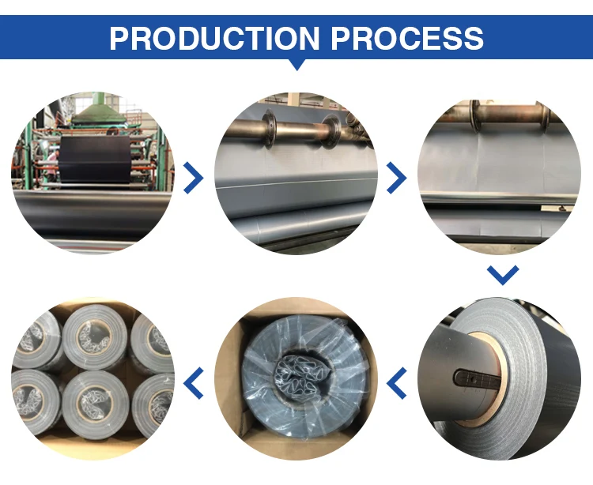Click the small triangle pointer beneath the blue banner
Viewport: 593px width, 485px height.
(296, 65)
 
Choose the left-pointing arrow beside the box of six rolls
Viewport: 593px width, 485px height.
(193, 382)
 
